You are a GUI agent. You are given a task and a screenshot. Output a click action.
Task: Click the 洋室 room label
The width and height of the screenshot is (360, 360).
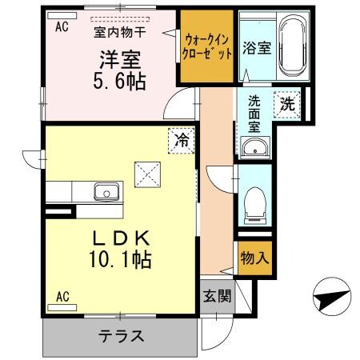click(x=121, y=58)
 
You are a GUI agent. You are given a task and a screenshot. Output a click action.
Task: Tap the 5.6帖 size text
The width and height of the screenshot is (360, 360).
click(x=121, y=81)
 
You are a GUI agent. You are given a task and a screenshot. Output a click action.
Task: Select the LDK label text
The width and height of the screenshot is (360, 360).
click(x=121, y=237)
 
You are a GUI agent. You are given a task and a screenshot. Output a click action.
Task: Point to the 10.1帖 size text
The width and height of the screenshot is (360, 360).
click(x=121, y=259)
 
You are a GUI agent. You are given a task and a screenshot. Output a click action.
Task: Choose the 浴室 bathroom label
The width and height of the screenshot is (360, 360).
click(x=257, y=46)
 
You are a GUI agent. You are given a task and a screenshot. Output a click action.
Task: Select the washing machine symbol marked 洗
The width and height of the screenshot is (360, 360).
click(x=286, y=102)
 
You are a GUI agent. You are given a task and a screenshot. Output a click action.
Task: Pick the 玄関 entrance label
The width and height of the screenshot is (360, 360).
click(x=217, y=296)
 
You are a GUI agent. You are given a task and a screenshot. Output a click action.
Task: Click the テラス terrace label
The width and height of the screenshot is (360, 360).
click(x=121, y=335)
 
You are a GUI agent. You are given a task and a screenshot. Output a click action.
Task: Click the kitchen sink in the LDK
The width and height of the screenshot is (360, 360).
click(x=106, y=192)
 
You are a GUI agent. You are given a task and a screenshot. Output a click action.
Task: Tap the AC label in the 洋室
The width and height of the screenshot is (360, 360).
click(x=62, y=26)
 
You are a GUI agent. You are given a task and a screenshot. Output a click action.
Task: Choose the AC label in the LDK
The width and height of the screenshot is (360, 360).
click(x=62, y=297)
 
